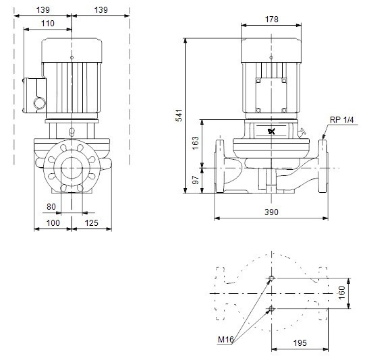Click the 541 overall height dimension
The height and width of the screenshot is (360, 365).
coord(179,115)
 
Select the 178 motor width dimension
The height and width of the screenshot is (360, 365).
coord(271,20)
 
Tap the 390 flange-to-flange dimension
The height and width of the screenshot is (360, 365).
coord(271,212)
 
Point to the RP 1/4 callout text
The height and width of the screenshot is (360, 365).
coord(341,120)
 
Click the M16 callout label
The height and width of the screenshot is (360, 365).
coord(225,340)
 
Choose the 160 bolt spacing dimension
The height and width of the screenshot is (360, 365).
coord(341,293)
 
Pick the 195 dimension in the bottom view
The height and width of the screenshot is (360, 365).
coord(300,342)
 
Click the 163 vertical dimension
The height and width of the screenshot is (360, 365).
coord(196,143)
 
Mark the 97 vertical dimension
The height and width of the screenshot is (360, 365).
coord(196,180)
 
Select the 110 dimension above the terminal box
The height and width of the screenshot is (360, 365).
coord(48,23)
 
